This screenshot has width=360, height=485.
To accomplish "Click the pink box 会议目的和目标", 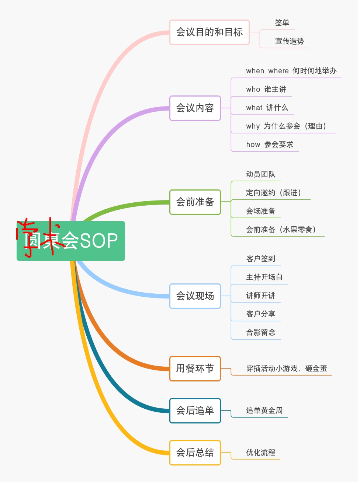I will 209,32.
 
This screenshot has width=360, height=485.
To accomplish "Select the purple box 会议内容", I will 195,108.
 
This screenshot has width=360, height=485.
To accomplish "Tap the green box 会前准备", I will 195,202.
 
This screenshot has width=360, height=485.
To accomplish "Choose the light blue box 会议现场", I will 195,296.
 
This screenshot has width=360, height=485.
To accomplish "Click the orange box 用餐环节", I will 195,369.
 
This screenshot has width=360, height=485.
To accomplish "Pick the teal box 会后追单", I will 195,411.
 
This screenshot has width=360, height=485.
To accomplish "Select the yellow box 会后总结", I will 195,453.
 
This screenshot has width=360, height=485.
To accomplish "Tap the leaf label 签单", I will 282,23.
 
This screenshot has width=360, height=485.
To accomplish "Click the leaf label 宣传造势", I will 290,41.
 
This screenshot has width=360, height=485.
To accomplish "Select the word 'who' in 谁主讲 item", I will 253,90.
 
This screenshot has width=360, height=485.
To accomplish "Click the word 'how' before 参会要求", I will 253,145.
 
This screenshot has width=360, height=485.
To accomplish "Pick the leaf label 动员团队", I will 261,174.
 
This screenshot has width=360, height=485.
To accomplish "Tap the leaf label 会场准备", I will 261,211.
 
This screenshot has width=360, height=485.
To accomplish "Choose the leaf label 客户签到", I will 261,259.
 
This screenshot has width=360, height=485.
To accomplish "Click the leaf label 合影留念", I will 261,332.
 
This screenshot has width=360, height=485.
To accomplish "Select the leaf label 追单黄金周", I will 264,411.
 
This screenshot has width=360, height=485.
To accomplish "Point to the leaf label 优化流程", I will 261,453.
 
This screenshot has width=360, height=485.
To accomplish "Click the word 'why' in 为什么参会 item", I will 253,126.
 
